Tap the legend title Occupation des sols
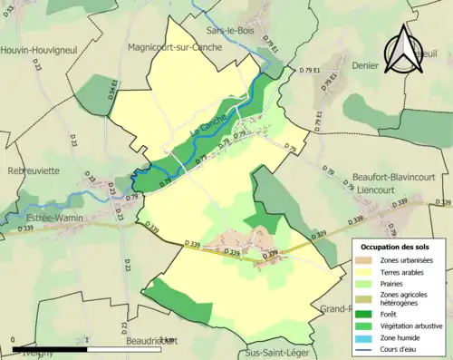pos(397,247)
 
